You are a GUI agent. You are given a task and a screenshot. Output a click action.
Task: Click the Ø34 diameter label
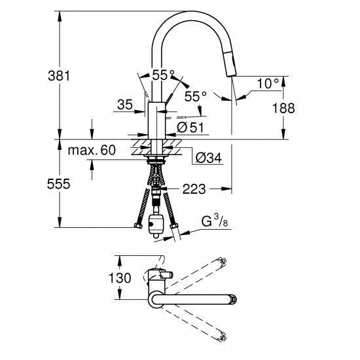point(207,157)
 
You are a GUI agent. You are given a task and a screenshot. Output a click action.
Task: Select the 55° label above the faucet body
point(162,75)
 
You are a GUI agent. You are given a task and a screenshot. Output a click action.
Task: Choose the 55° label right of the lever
point(195,96)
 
